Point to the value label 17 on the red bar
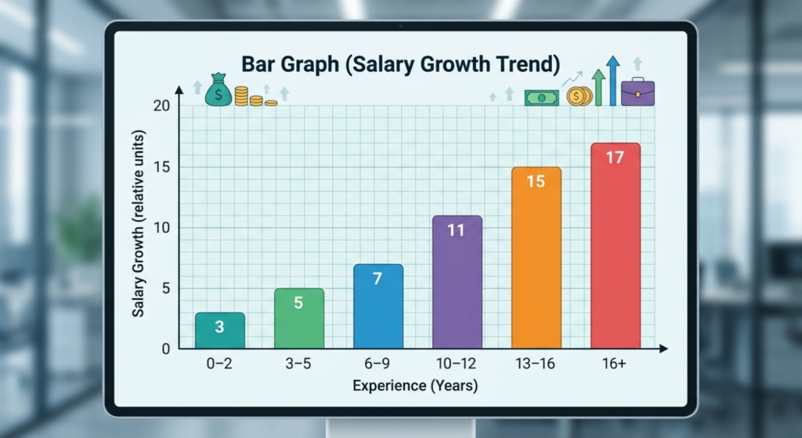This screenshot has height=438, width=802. (x=615, y=157)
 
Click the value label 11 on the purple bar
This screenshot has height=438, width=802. (x=457, y=230)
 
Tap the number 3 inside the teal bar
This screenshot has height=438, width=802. (x=219, y=327)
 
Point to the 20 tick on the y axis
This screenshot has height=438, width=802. (x=163, y=107)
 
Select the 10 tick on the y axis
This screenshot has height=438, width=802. (x=163, y=228)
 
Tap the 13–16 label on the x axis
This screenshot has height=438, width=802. (x=536, y=365)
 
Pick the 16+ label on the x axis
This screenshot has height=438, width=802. (x=615, y=365)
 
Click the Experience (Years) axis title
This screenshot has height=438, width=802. (x=414, y=386)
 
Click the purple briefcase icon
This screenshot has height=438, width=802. (x=638, y=92)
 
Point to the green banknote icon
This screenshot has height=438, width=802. (x=541, y=98)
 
